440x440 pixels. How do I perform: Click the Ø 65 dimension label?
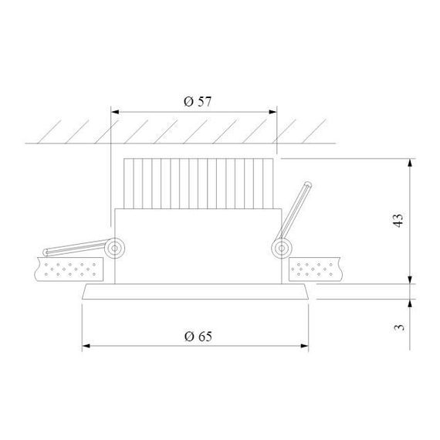tap(198, 336)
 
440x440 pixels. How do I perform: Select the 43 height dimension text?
tap(398, 222)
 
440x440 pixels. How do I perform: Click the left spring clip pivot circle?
tap(116, 247)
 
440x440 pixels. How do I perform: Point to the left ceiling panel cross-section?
tap(69, 269)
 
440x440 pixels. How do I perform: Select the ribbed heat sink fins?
tap(196, 183)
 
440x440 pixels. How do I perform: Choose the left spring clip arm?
tap(77, 249)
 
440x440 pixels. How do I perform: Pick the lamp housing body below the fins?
tap(196, 243)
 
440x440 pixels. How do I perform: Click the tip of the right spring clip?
tap(309, 184)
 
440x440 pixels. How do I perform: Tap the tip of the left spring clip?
tap(46, 253)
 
